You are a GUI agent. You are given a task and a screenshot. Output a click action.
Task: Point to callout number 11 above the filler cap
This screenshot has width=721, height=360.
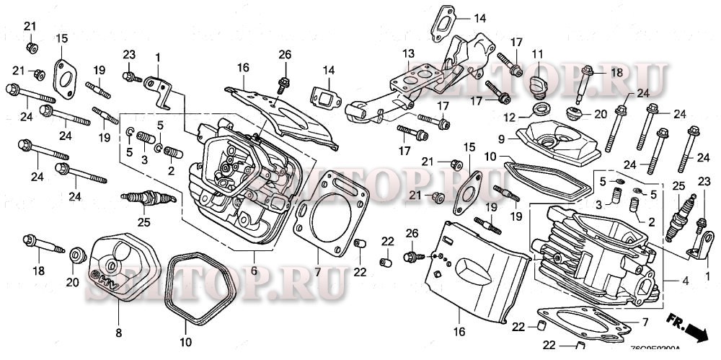click(x=537, y=55)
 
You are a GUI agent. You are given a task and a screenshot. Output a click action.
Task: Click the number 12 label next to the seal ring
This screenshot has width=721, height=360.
click(x=510, y=117)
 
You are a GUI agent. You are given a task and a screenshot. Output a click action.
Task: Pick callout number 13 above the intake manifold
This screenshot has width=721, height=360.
click(x=409, y=54)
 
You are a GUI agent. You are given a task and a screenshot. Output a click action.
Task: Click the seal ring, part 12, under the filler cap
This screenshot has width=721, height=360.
click(x=536, y=110)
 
